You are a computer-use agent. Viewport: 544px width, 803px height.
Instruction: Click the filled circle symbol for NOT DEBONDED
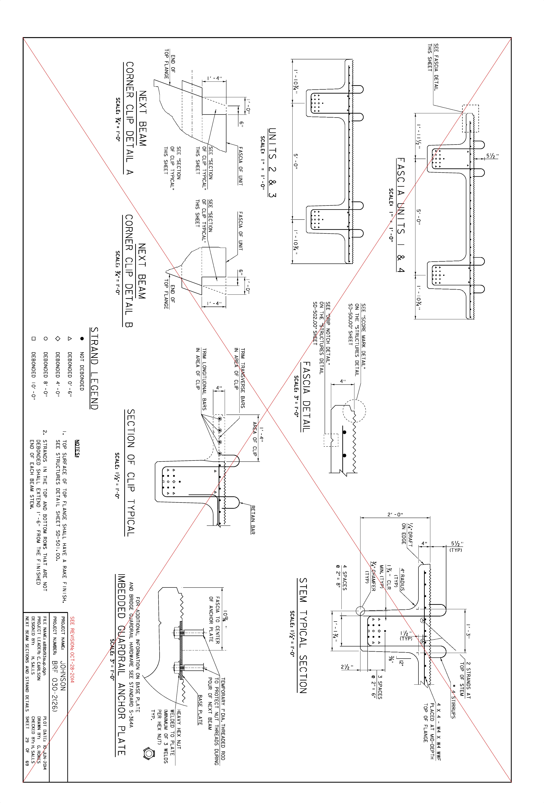(x=82, y=339)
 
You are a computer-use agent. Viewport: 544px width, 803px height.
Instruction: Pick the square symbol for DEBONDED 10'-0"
(x=33, y=339)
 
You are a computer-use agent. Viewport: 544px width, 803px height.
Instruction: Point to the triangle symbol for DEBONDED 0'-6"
(x=69, y=339)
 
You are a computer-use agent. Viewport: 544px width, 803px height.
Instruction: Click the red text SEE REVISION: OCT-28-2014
(x=72, y=650)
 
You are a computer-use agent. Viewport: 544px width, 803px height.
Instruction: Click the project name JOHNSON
(x=63, y=675)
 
